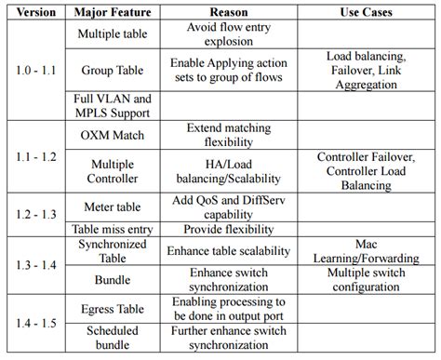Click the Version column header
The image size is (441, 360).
pyautogui.click(x=34, y=14)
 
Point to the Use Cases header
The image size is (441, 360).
pyautogui.click(x=366, y=14)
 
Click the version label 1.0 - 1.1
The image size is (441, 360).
pyautogui.click(x=34, y=69)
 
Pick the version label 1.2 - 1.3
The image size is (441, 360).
pyautogui.click(x=34, y=214)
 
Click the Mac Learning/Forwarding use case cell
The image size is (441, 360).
pyautogui.click(x=366, y=250)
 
